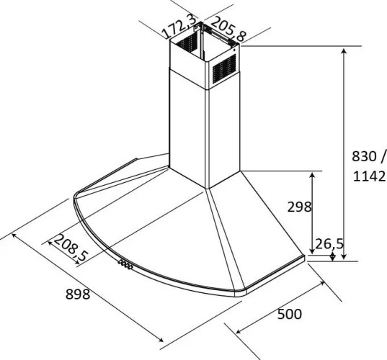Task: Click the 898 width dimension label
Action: click(x=78, y=294)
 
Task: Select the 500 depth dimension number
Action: click(x=290, y=314)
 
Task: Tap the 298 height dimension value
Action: click(x=299, y=207)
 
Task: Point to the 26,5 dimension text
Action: click(x=329, y=244)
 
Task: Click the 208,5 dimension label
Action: click(x=71, y=248)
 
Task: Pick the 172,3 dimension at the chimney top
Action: click(x=180, y=27)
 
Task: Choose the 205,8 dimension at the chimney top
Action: click(x=228, y=29)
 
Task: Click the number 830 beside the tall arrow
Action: click(x=364, y=156)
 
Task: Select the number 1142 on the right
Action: click(x=369, y=176)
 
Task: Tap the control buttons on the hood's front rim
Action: click(x=125, y=264)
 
